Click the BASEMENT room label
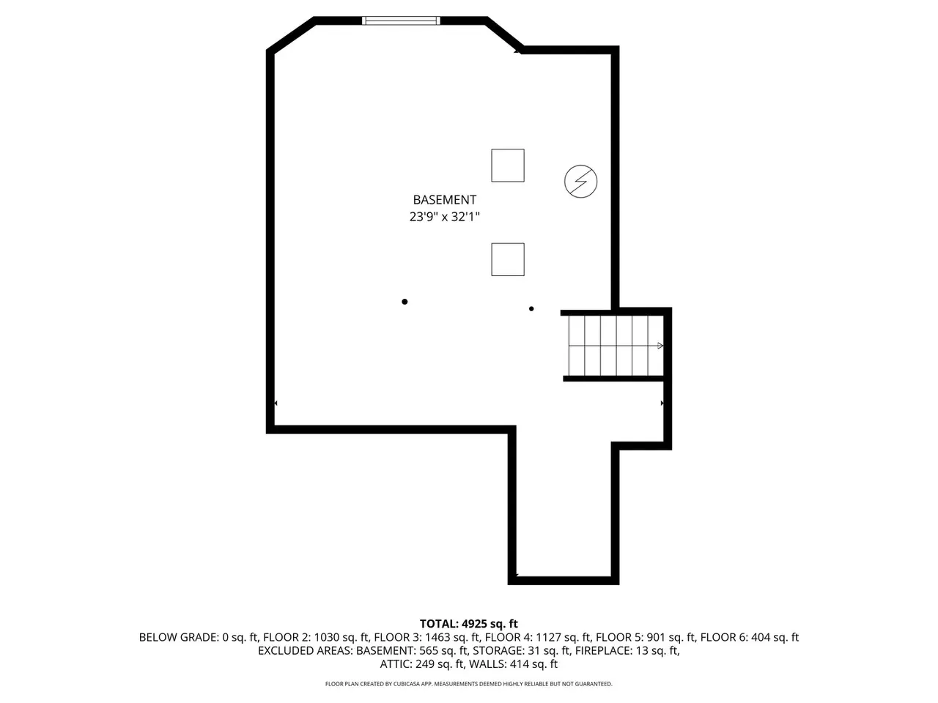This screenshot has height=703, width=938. [x=444, y=200]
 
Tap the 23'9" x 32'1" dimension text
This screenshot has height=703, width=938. [x=444, y=217]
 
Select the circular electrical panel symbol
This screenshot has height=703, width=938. [x=580, y=182]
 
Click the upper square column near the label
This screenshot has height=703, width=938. [x=508, y=165]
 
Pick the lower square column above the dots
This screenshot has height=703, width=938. [x=508, y=259]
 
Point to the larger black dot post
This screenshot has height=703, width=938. [x=405, y=302]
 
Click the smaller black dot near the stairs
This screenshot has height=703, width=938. [x=531, y=308]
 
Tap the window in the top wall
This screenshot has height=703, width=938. [x=401, y=21]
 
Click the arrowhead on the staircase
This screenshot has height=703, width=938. [x=660, y=346]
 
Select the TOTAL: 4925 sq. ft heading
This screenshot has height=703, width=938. [x=469, y=624]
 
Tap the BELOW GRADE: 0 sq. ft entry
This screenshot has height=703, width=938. [x=199, y=637]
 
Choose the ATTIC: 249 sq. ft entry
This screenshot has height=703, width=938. [x=422, y=664]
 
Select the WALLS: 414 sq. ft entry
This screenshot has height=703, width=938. [x=513, y=664]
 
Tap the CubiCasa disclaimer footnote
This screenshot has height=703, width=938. [x=469, y=684]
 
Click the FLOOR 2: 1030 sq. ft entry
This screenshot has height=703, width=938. [x=316, y=637]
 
